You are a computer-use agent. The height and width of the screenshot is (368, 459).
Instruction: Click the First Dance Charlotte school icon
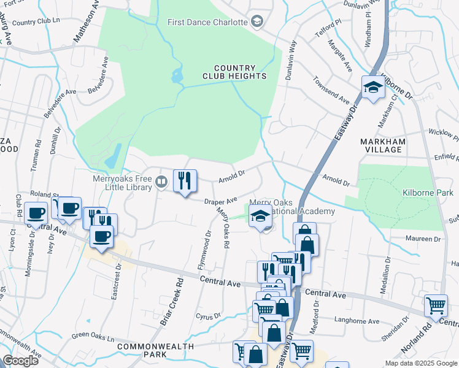257,22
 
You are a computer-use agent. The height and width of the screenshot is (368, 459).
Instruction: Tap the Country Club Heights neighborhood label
235,72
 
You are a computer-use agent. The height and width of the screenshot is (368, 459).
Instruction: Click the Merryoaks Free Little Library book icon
161,181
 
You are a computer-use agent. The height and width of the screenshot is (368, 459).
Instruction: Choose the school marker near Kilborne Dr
372,88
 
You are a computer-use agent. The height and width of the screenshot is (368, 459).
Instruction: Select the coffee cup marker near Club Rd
37,215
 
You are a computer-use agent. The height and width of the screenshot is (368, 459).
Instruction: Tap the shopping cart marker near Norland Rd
436,306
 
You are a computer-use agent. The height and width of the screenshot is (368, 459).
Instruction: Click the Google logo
21,360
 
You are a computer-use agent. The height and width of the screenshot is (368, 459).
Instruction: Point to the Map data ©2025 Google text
420,363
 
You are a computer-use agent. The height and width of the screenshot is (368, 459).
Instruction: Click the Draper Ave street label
221,201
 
